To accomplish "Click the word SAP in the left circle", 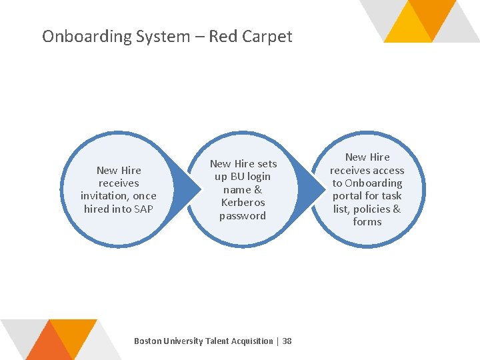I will pyautogui.click(x=143, y=209).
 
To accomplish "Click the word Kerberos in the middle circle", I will pyautogui.click(x=243, y=202).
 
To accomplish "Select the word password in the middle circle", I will pyautogui.click(x=243, y=215).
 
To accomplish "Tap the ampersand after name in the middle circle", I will pyautogui.click(x=257, y=189).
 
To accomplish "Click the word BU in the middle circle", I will pyautogui.click(x=237, y=177).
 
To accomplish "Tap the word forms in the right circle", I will pyautogui.click(x=367, y=221).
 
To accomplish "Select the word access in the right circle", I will pyautogui.click(x=386, y=170).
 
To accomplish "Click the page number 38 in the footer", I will pyautogui.click(x=287, y=341).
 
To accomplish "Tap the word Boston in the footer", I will pyautogui.click(x=149, y=341).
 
